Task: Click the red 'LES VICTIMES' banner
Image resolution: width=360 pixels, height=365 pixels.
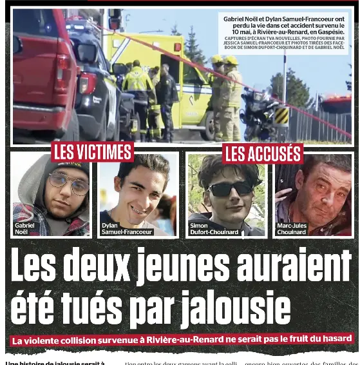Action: (92, 152)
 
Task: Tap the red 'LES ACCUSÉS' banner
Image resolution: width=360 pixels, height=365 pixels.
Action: (262, 153)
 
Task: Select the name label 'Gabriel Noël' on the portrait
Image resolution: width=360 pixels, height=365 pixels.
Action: (24, 228)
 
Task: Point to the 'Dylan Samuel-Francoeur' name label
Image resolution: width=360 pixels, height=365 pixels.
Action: (127, 228)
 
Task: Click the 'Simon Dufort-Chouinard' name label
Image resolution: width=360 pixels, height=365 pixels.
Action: (214, 228)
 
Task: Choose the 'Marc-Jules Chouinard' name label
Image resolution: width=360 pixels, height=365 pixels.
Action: (292, 228)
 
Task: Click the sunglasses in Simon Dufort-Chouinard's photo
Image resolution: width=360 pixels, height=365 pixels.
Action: (230, 189)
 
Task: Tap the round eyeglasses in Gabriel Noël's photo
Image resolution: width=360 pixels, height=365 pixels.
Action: (69, 184)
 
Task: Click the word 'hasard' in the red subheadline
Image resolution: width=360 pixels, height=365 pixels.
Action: (335, 337)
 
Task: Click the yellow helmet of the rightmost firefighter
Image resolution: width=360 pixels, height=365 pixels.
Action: (231, 61)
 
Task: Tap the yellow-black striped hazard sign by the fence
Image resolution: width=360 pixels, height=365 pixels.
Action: (281, 116)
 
